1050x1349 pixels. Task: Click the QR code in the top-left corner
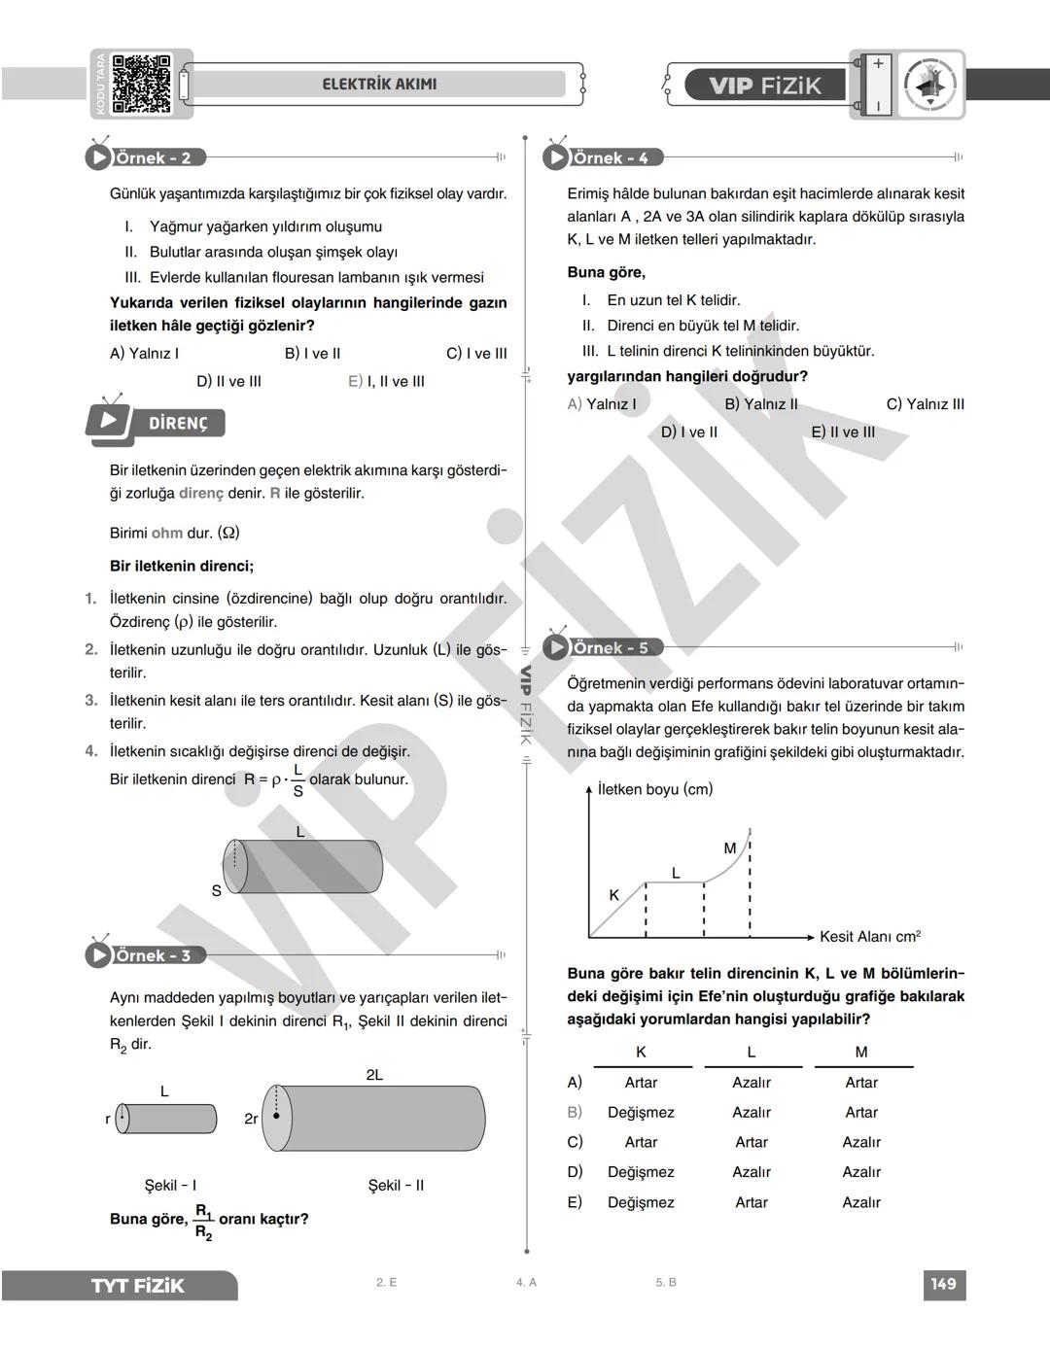pyautogui.click(x=142, y=84)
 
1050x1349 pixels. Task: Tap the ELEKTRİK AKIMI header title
pyautogui.click(x=379, y=85)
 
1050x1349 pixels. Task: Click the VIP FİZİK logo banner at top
pyautogui.click(x=764, y=86)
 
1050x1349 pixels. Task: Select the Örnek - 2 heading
pyautogui.click(x=153, y=157)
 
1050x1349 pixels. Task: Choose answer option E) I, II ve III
pyautogui.click(x=386, y=381)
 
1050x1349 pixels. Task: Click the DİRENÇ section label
pyautogui.click(x=178, y=424)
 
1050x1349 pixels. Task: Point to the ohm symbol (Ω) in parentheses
pyautogui.click(x=228, y=533)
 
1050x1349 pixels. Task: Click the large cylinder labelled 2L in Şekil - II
pyautogui.click(x=381, y=1118)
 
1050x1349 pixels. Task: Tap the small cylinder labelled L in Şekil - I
pyautogui.click(x=167, y=1119)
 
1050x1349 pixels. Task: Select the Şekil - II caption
pyautogui.click(x=396, y=1185)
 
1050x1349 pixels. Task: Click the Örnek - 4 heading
pyautogui.click(x=610, y=157)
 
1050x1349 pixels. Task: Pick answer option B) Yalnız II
pyautogui.click(x=761, y=404)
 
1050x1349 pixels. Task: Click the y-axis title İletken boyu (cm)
pyautogui.click(x=655, y=789)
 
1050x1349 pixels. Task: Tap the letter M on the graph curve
pyautogui.click(x=730, y=848)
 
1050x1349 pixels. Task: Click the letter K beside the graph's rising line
pyautogui.click(x=613, y=895)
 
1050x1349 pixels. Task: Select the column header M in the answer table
pyautogui.click(x=861, y=1052)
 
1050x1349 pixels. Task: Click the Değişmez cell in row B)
pyautogui.click(x=641, y=1112)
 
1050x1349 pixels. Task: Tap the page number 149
pyautogui.click(x=943, y=1284)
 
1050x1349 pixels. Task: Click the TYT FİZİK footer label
pyautogui.click(x=137, y=1286)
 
